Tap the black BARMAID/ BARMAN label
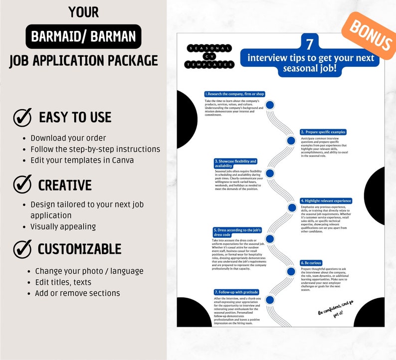(84, 36)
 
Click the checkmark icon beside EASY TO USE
(22, 117)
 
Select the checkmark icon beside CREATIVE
(22, 184)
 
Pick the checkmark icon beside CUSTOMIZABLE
(22, 248)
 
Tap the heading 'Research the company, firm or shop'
(234, 94)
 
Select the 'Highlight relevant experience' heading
(326, 201)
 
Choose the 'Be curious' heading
(311, 263)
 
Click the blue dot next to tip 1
(270, 105)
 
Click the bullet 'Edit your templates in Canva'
(82, 160)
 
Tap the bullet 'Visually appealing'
(63, 226)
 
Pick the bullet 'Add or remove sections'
(77, 293)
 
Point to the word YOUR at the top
(83, 11)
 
